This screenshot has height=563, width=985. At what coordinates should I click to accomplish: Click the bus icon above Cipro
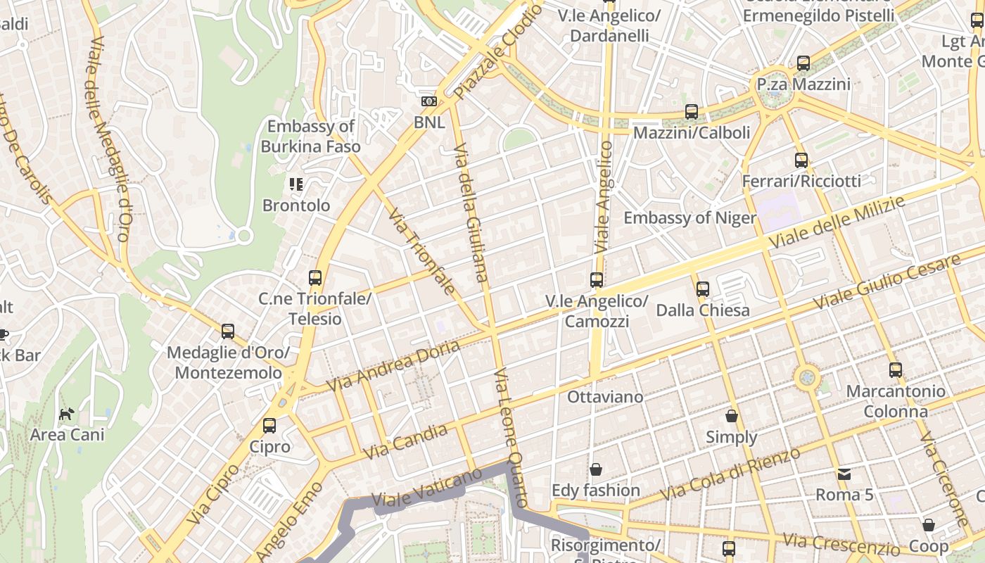(x=269, y=426)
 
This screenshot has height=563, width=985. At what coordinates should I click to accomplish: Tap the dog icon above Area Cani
(x=66, y=414)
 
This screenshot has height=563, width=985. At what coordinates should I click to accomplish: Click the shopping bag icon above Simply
(x=732, y=416)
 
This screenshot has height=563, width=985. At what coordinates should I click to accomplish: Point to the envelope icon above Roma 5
(x=844, y=474)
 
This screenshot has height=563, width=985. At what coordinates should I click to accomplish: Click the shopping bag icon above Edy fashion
(x=596, y=469)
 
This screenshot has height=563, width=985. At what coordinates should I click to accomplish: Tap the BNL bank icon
(x=428, y=101)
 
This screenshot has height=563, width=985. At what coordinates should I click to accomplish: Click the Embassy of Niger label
(x=689, y=217)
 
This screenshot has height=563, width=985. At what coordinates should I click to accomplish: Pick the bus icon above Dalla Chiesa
(x=702, y=289)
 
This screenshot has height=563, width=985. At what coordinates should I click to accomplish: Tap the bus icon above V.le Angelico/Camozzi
(x=597, y=279)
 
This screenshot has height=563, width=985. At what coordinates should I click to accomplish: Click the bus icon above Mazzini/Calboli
(x=692, y=111)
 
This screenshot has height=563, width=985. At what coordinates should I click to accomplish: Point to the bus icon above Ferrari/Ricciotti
(x=801, y=160)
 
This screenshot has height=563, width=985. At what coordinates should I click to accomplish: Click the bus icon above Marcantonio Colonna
(x=895, y=369)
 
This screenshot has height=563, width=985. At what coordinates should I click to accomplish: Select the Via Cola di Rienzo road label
(x=731, y=476)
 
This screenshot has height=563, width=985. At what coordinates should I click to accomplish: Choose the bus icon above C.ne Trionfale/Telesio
(x=315, y=277)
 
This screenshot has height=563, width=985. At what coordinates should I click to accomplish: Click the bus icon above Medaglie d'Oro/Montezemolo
(x=227, y=331)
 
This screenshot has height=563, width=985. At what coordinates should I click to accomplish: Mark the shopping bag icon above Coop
(x=929, y=525)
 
